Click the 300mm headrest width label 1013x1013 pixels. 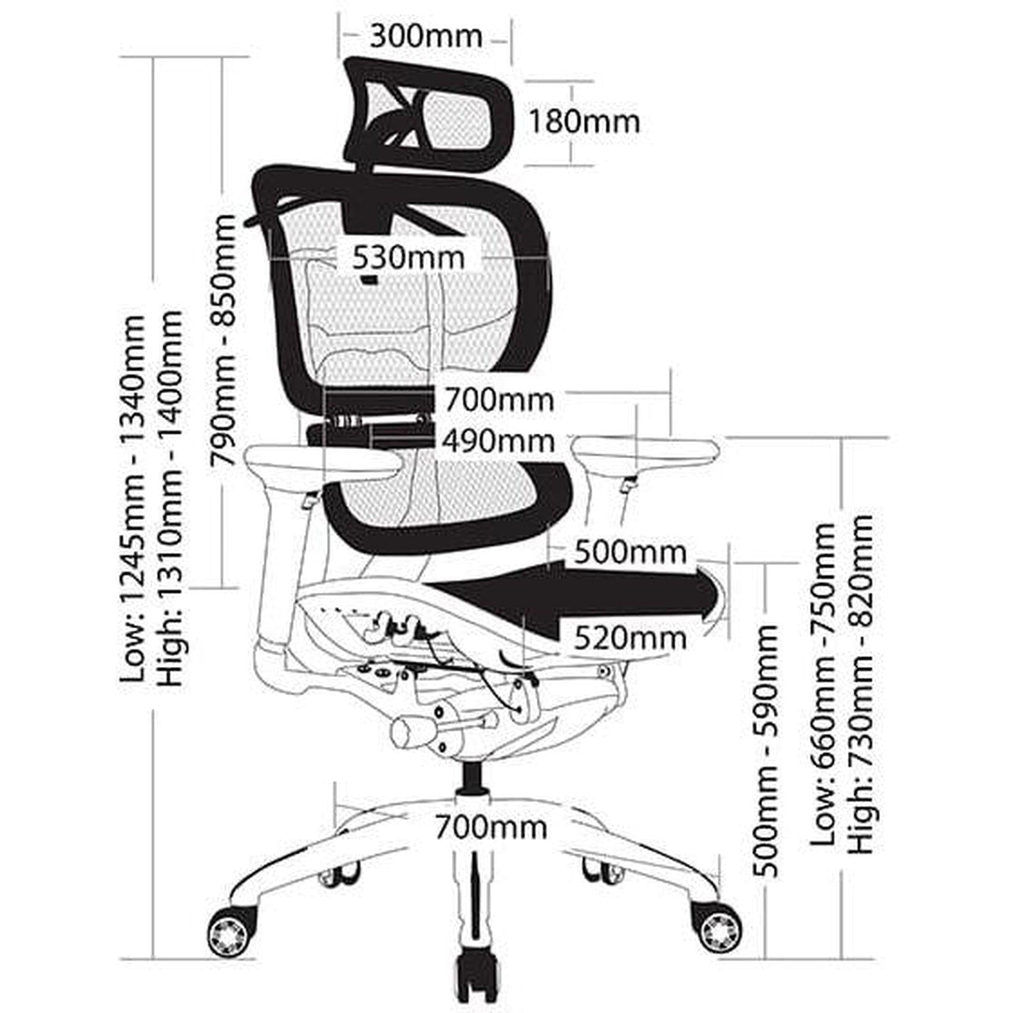(x=426, y=37)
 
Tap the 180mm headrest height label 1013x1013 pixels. (x=584, y=122)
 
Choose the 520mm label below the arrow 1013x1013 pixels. (x=630, y=638)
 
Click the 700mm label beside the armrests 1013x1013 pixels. (x=499, y=401)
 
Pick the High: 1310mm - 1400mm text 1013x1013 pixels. (x=172, y=498)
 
